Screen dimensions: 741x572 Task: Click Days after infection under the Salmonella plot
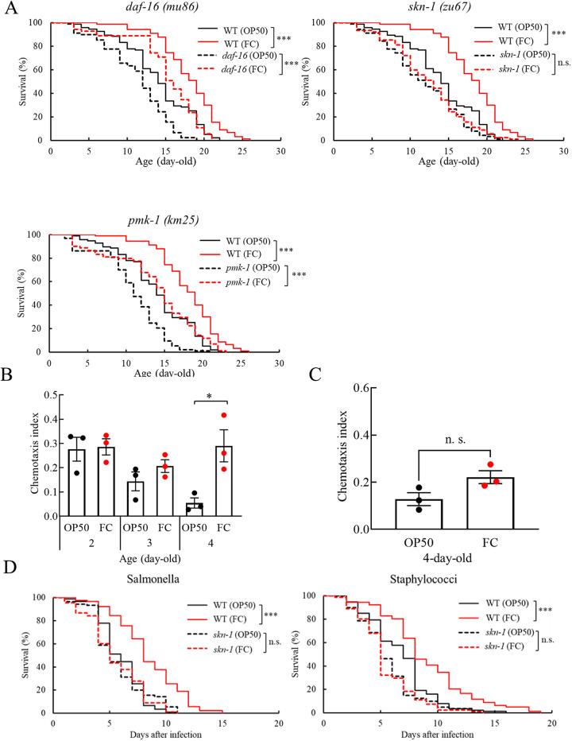click(x=165, y=733)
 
